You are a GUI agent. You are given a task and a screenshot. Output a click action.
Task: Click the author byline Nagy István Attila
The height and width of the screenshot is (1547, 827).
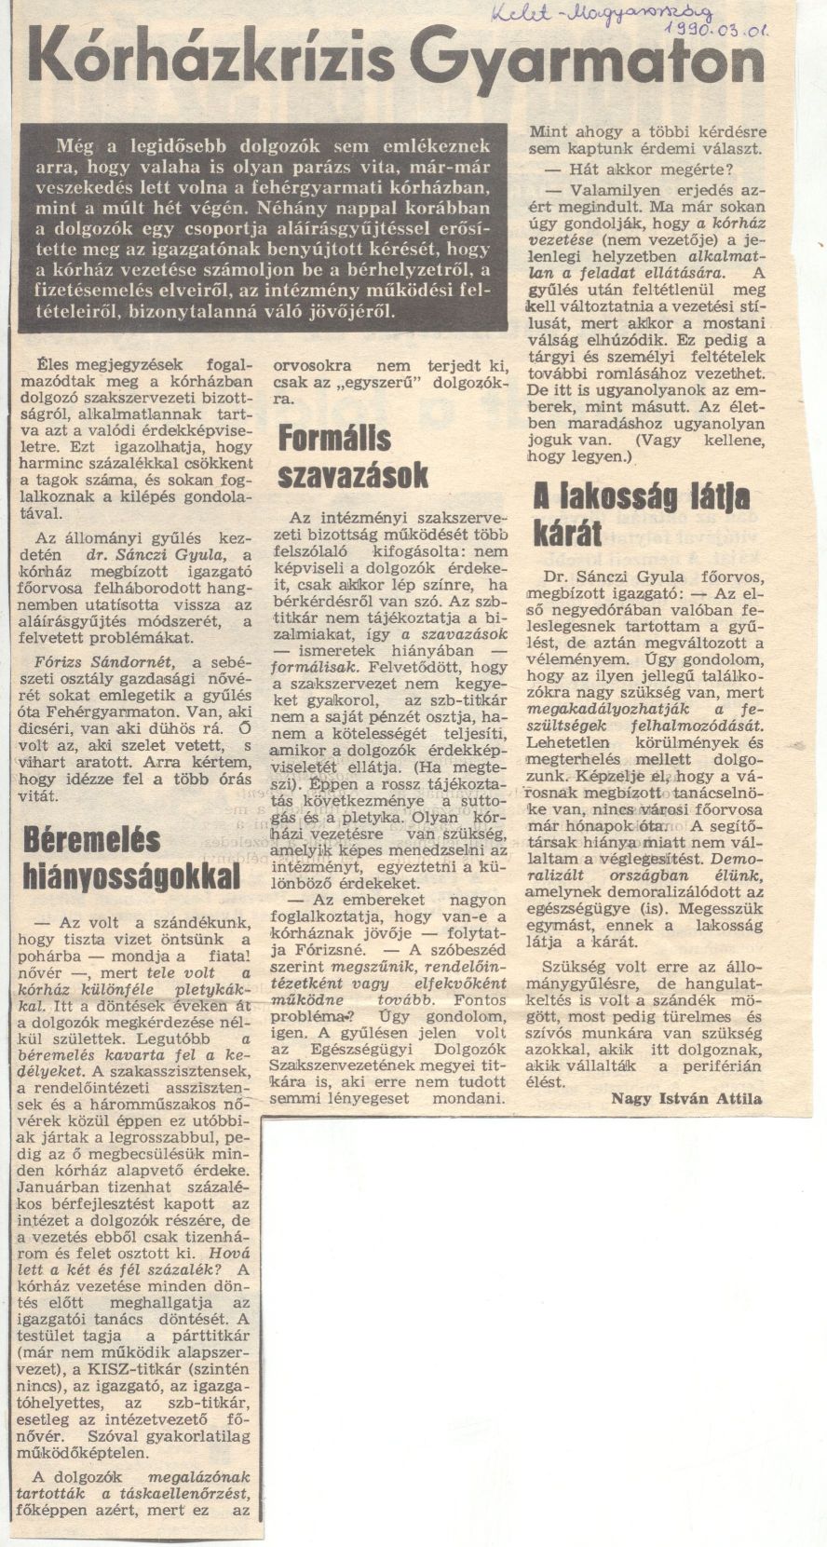pyautogui.click(x=687, y=1098)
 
